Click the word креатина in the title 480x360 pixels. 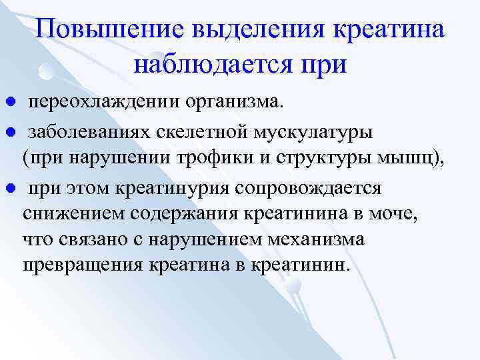pyautogui.click(x=395, y=31)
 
